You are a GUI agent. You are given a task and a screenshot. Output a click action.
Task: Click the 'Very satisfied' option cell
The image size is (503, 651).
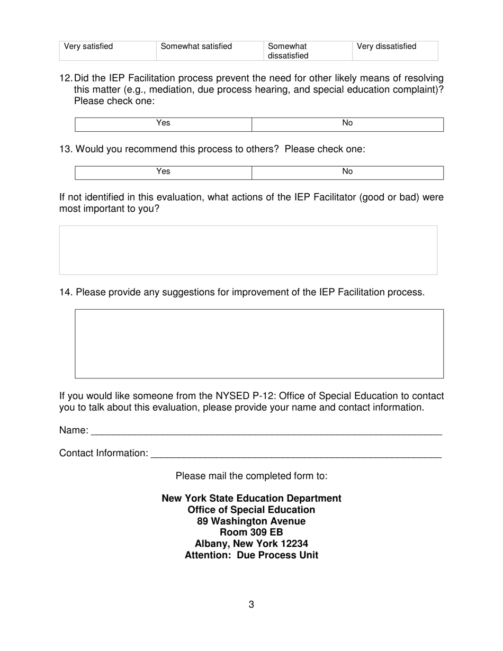pyautogui.click(x=108, y=51)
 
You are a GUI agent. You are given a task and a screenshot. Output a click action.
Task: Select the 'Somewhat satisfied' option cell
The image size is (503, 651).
pyautogui.click(x=210, y=51)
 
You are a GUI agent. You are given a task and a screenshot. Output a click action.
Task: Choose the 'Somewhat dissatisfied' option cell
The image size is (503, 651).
pyautogui.click(x=307, y=51)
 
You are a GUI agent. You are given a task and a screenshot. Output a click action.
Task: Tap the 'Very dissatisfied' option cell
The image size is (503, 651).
pyautogui.click(x=395, y=51)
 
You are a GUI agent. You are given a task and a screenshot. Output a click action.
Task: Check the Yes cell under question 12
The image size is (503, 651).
pyautogui.click(x=164, y=124)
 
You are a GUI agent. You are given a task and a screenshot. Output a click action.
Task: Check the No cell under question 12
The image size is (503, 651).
pyautogui.click(x=347, y=124)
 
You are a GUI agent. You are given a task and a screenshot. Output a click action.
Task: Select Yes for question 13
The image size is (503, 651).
pyautogui.click(x=164, y=173)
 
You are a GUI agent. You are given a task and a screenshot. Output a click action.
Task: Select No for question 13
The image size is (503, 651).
pyautogui.click(x=347, y=173)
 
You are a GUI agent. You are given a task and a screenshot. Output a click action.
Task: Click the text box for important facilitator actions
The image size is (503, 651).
pyautogui.click(x=248, y=250)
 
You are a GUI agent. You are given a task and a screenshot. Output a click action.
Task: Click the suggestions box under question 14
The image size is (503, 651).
pyautogui.click(x=259, y=343)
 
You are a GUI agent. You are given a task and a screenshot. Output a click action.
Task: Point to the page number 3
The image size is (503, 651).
pyautogui.click(x=251, y=604)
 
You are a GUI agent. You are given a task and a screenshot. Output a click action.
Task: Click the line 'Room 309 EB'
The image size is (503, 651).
pyautogui.click(x=251, y=532)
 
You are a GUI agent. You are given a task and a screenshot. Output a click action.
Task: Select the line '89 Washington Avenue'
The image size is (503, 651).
pyautogui.click(x=251, y=521)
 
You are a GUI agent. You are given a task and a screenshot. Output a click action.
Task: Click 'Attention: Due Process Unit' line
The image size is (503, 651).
pyautogui.click(x=251, y=555)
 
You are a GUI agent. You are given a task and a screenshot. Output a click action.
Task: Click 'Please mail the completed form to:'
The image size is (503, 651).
pyautogui.click(x=251, y=476)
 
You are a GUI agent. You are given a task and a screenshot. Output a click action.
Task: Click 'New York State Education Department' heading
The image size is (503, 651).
pyautogui.click(x=251, y=499)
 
